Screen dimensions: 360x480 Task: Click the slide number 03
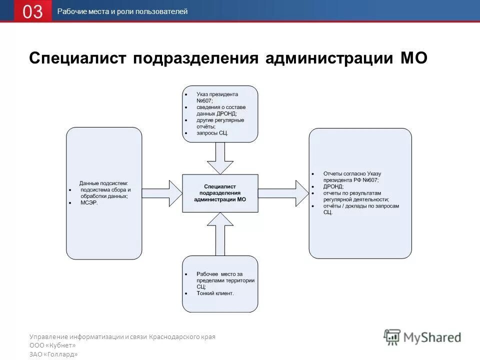32,11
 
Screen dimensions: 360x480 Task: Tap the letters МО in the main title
413,58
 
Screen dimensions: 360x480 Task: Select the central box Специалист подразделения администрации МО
220,193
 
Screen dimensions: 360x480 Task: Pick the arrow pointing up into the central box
220,232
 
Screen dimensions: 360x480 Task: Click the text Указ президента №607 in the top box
217,97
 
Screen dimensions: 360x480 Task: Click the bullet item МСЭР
89,203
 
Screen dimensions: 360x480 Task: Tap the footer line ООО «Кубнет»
52,345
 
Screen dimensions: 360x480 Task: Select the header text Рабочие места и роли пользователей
122,11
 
